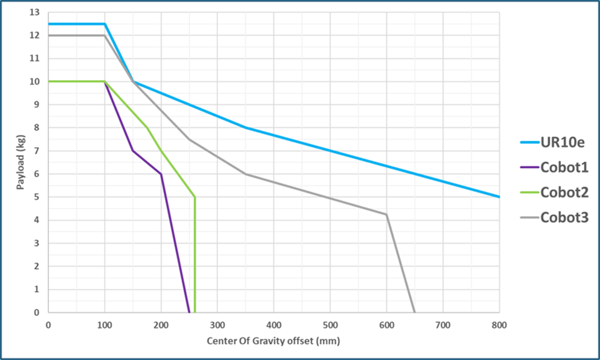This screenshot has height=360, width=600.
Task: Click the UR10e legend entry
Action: point(561,142)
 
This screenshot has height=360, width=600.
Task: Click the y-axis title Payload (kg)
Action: point(20,162)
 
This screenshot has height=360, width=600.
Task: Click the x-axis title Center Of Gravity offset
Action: point(274,341)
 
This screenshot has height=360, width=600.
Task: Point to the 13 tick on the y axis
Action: point(35,12)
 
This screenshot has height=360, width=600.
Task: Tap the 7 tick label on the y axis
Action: point(37,151)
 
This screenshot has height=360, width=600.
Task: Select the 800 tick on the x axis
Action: point(499,325)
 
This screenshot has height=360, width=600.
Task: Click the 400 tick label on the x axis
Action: point(274,325)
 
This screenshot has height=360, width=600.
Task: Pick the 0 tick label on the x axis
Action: point(48,325)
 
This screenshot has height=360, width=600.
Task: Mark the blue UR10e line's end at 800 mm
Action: point(499,197)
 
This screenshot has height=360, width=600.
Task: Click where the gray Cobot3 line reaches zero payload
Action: point(414,312)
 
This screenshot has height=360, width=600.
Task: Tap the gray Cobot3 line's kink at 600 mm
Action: point(386,214)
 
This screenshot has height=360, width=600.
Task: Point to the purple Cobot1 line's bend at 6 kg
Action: point(161,174)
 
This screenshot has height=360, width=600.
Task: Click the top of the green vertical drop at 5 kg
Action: point(195,197)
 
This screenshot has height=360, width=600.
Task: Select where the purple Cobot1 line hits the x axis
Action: point(189,312)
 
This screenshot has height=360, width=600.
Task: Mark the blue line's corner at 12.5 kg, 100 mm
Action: point(105,24)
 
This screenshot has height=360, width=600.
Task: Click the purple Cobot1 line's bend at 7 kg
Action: point(133,151)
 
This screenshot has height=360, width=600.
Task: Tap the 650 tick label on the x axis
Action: point(414,325)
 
